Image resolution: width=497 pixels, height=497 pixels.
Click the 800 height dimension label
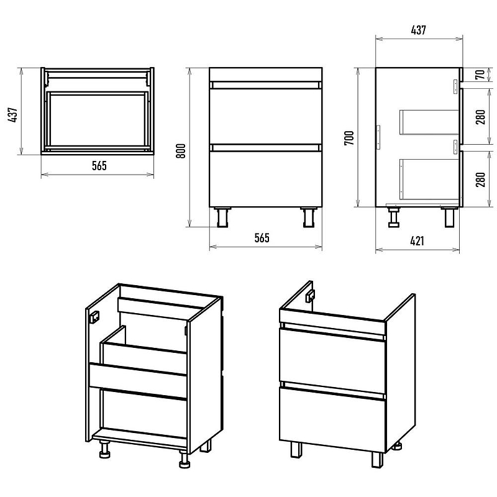[x=181, y=151]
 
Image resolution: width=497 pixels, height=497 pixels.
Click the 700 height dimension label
[x=349, y=138]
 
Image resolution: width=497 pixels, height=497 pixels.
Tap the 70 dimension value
[x=481, y=75]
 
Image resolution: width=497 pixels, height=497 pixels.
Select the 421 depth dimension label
[x=417, y=241]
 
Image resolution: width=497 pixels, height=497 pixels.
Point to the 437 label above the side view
[x=418, y=30]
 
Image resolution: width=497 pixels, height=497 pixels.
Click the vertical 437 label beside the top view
[x=13, y=115]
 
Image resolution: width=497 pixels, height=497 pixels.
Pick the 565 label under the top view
[x=99, y=166]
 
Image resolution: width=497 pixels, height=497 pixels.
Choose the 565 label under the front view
[x=262, y=238]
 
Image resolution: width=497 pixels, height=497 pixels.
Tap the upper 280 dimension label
[x=481, y=117]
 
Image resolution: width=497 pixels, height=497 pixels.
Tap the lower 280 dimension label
[x=481, y=180]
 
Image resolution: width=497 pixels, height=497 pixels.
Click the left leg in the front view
[x=223, y=217]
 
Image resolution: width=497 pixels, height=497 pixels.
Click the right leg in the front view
[x=309, y=217]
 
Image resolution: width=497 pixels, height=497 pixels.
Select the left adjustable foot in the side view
[x=393, y=217]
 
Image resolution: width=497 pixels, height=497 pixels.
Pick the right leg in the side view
[x=449, y=217]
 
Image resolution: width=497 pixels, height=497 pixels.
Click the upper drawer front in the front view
[x=266, y=116]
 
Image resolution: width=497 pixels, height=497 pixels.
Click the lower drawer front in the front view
[x=266, y=179]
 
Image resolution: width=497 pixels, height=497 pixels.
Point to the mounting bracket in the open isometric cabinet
[x=94, y=317]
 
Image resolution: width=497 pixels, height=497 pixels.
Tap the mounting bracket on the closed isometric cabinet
[x=309, y=296]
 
